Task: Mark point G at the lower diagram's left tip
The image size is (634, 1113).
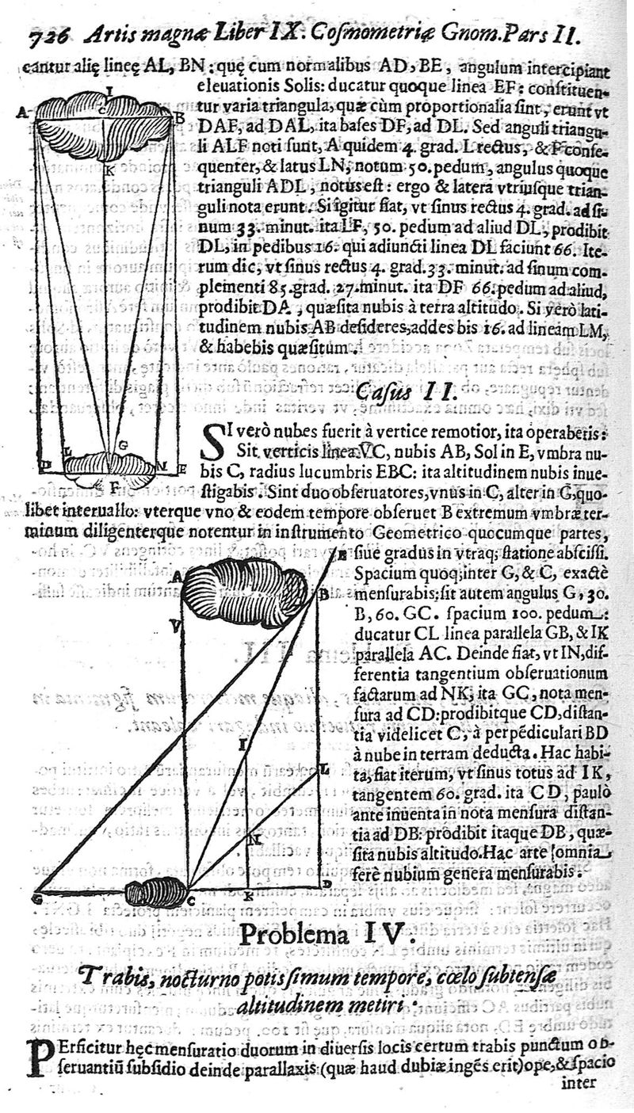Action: (37, 898)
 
